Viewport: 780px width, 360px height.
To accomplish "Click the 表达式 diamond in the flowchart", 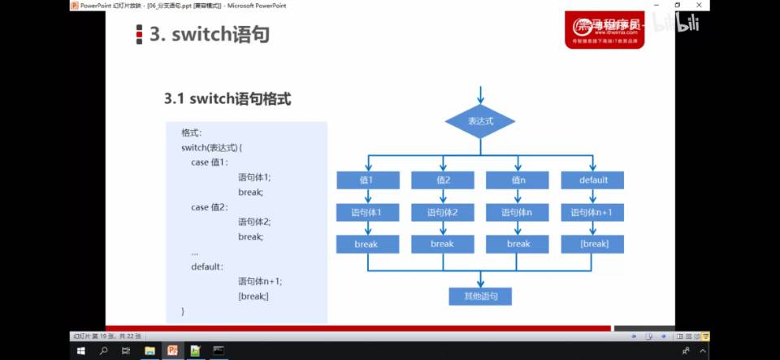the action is click(480, 121).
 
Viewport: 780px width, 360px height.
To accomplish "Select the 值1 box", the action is click(368, 180).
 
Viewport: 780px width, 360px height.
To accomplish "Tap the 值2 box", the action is click(443, 180).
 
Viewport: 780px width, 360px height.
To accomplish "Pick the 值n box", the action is click(518, 180).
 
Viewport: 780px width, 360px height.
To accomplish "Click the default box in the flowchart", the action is click(592, 180).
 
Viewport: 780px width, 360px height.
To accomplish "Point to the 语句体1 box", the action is click(368, 212).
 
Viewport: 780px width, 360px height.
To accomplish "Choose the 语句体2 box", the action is click(443, 212).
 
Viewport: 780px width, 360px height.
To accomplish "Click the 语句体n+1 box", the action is click(592, 212).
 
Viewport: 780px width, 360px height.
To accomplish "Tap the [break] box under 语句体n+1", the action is click(592, 244).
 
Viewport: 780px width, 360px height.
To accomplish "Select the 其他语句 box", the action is click(480, 296).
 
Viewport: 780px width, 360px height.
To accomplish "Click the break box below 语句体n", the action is click(518, 244).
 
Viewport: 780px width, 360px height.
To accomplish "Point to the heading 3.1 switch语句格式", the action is click(227, 99).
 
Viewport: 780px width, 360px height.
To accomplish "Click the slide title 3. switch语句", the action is click(209, 34).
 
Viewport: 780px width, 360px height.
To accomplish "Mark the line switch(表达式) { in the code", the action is click(212, 147).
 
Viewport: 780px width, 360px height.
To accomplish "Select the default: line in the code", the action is click(207, 266).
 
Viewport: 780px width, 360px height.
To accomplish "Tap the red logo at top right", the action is click(604, 30).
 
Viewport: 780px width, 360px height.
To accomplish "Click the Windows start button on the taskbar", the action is click(81, 350).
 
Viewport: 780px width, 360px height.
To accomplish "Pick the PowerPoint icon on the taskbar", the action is click(172, 350).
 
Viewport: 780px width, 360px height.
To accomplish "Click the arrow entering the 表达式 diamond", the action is click(480, 94).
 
